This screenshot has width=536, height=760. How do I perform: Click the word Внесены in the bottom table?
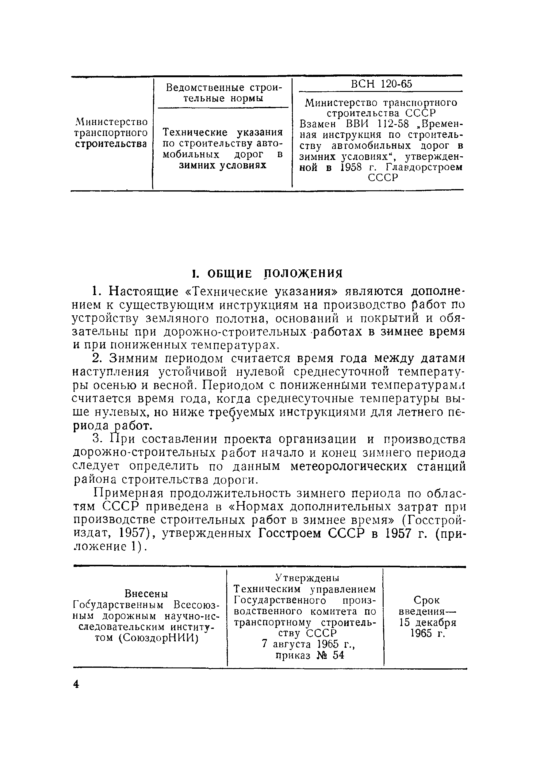tap(146, 594)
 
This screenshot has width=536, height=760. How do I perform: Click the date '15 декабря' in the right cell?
tap(428, 622)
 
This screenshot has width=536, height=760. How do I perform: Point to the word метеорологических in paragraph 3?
tap(349, 466)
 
